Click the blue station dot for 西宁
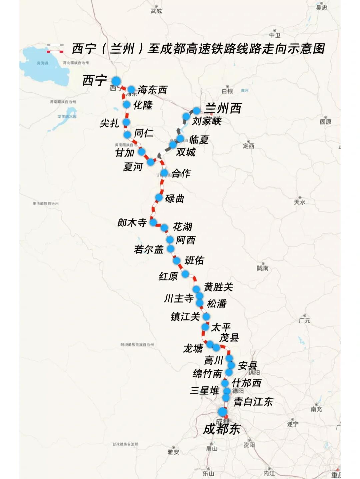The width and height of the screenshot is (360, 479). (x=116, y=81)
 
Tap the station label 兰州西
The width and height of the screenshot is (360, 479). (x=223, y=108)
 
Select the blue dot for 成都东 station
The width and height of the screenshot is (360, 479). (x=222, y=412)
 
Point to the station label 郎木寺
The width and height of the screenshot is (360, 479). (x=132, y=223)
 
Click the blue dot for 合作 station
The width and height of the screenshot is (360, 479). (x=164, y=173)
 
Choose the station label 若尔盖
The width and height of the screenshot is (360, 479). (x=149, y=249)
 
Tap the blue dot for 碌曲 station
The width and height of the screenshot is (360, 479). (x=159, y=198)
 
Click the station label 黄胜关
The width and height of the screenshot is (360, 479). (x=218, y=287)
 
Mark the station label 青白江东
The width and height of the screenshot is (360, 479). (x=253, y=402)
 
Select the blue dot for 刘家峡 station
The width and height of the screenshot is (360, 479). (x=186, y=116)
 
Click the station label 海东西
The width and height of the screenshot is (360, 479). (x=152, y=90)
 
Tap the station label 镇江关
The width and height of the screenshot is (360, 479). (x=185, y=316)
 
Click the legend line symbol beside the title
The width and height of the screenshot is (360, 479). (x=55, y=48)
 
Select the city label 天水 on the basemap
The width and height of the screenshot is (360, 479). (x=300, y=202)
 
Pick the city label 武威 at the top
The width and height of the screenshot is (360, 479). (x=156, y=11)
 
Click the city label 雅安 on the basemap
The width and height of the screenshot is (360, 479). (x=173, y=452)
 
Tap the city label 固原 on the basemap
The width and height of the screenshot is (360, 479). (x=326, y=122)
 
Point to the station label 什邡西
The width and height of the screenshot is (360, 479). (x=246, y=383)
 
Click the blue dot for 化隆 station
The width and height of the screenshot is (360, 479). (x=127, y=105)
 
